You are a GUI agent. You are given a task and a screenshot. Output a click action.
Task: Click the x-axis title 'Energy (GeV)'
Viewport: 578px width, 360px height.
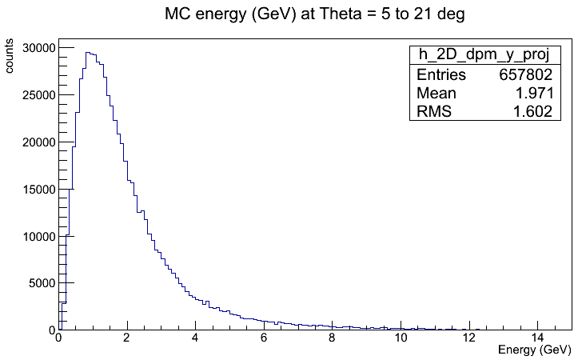coord(534,350)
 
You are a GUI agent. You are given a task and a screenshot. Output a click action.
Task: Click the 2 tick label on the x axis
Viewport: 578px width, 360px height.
coord(127,338)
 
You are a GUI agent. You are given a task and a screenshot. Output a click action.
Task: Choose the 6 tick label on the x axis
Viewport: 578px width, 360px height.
coord(264,338)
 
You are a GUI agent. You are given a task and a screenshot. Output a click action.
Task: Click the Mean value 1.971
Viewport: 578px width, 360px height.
coord(535,93)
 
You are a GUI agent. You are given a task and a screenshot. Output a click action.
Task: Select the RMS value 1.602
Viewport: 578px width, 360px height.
coord(535,112)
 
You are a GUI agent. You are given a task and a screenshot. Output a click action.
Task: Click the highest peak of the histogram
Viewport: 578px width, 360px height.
coord(88,53)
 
